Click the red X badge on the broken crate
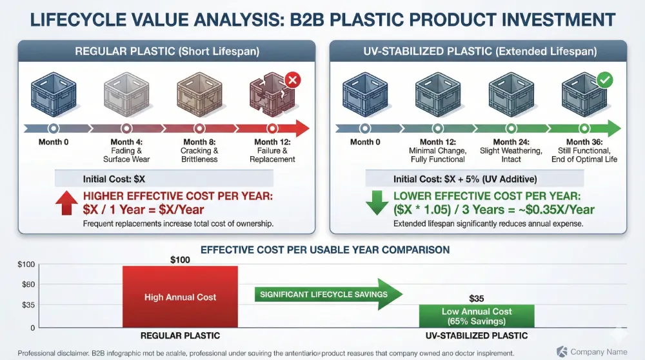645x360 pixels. [292, 81]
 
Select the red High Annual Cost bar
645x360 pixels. [180, 297]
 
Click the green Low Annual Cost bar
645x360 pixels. [477, 315]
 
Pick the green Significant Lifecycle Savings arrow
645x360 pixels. [328, 295]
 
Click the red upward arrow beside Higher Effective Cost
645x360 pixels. [66, 202]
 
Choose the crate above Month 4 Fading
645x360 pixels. [126, 94]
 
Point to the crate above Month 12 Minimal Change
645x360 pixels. [438, 94]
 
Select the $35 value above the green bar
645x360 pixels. [477, 298]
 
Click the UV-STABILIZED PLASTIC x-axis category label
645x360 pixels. [477, 335]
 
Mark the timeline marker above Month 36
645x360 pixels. [584, 128]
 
